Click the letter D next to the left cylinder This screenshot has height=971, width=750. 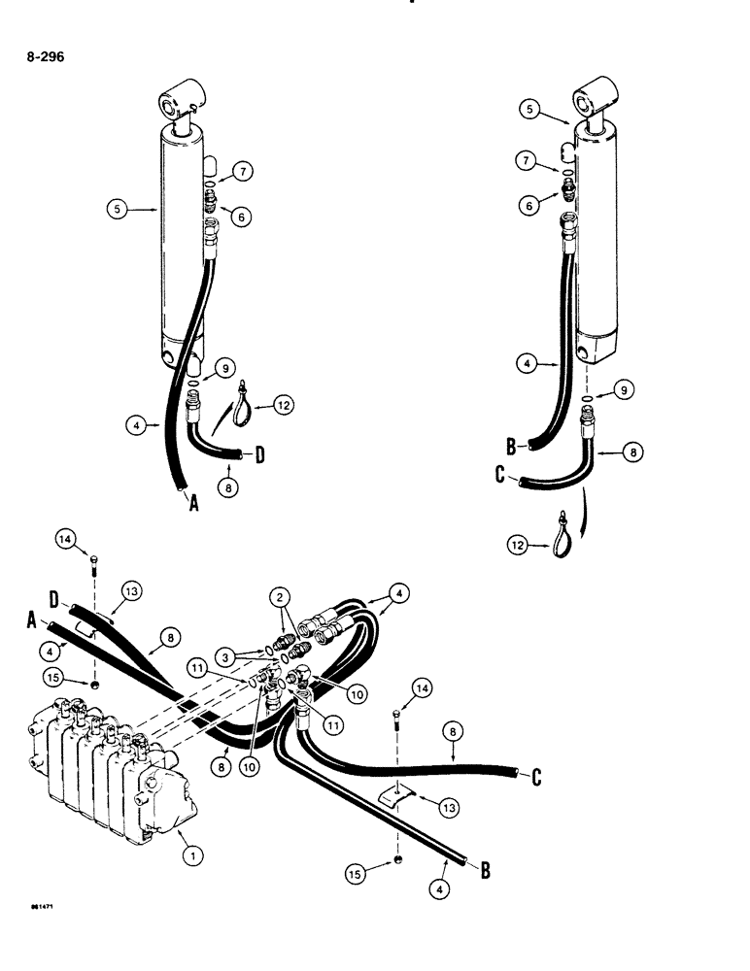pos(260,452)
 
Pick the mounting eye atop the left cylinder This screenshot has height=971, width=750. pos(181,105)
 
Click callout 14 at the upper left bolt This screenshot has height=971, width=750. pos(64,536)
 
